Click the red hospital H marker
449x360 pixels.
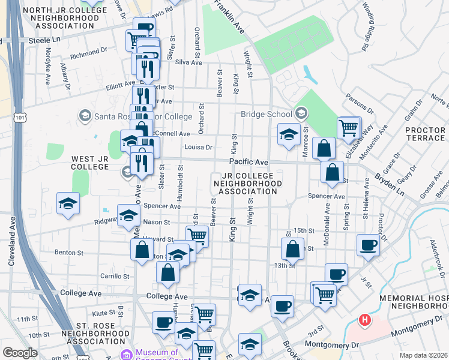364,320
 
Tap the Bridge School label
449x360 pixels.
265,114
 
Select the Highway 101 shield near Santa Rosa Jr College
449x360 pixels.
21,118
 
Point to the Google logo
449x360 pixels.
20,353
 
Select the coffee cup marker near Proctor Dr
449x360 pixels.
368,245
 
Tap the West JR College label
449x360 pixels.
91,162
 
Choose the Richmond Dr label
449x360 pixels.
88,58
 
